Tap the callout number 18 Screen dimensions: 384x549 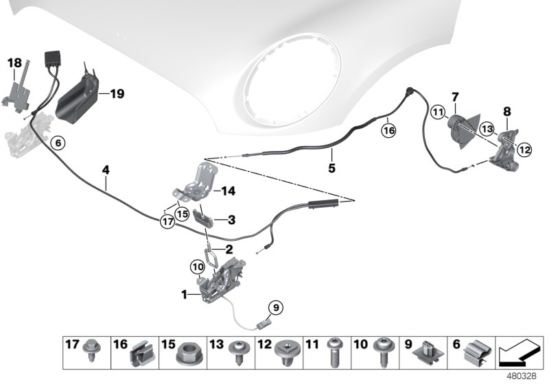pyautogui.click(x=14, y=63)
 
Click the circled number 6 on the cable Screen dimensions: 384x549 pyautogui.click(x=58, y=143)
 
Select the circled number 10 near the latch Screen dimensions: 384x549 pyautogui.click(x=197, y=265)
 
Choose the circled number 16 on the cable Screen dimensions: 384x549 pyautogui.click(x=388, y=127)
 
